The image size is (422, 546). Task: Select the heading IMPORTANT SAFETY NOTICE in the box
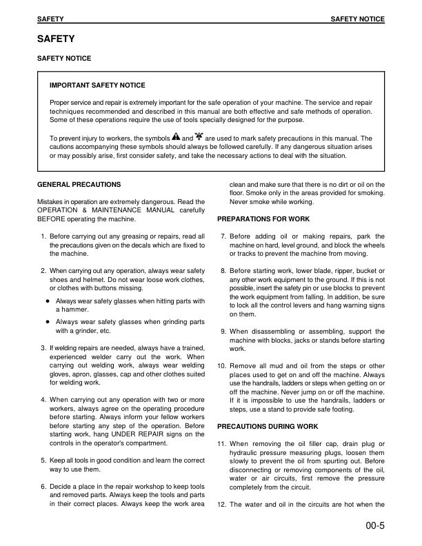point(97,85)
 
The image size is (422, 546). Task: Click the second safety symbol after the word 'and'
point(199,137)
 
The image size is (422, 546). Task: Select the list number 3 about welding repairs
point(43,348)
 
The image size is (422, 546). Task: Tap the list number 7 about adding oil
point(223,236)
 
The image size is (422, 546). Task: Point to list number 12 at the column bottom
point(221,505)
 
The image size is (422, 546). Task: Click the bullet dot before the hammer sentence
point(47,301)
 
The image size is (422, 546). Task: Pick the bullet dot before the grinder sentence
point(47,321)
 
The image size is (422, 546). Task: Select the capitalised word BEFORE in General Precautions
point(52,220)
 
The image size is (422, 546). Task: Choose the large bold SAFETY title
point(55,39)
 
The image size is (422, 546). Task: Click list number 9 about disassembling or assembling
point(223,332)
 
